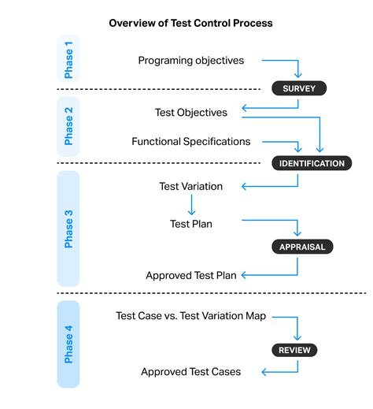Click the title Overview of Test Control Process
pos(190,23)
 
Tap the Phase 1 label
pos(68,58)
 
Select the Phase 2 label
pos(68,130)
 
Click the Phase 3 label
pos(68,228)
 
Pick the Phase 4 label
pos(68,344)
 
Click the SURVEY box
pos(298,88)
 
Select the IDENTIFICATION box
pos(312,164)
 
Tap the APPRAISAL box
pos(302,247)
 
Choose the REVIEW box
pos(295,350)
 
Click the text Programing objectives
pos(190,61)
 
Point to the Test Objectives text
pos(191,113)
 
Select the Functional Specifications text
pos(190,142)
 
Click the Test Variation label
pos(190,187)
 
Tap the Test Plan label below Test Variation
pos(190,224)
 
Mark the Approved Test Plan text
pos(190,275)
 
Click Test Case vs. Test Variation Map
pos(190,316)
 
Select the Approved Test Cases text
pos(190,371)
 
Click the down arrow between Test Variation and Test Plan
pos(190,206)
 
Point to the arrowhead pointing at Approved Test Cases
pos(264,371)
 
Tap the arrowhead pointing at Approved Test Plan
pos(244,275)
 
